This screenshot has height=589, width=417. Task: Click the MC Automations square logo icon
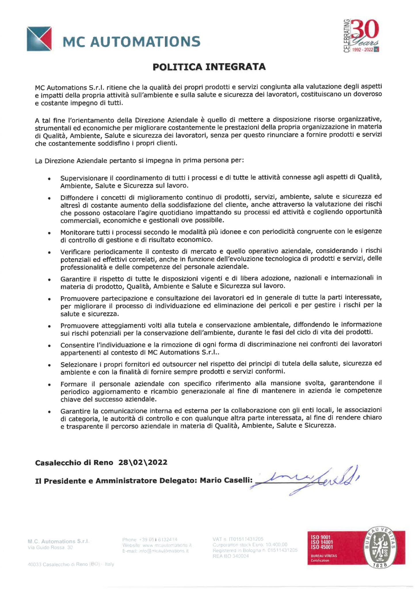pos(39,39)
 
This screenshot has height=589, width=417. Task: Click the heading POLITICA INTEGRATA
pos(209,67)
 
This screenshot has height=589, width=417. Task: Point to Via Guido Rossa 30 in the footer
pos(50,548)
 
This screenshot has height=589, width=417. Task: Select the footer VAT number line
pos(238,539)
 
